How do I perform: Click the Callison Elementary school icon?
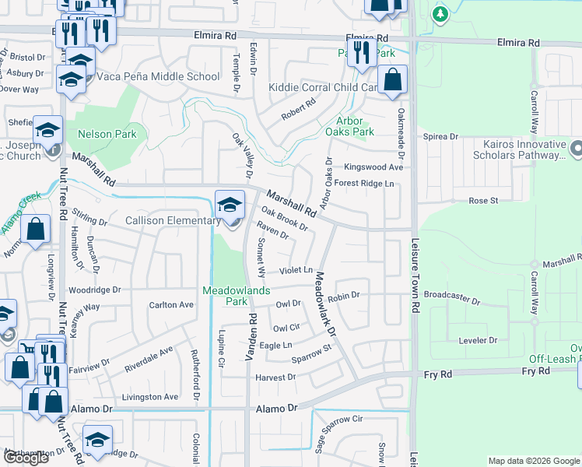(x=230, y=205)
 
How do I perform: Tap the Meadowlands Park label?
(x=237, y=295)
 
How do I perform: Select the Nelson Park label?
(x=107, y=134)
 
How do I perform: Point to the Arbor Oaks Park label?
(x=356, y=126)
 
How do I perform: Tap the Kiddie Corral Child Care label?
(x=323, y=88)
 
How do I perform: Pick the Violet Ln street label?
(x=296, y=271)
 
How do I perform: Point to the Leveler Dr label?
(x=478, y=340)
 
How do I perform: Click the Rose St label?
(x=483, y=201)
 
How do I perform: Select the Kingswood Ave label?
(x=373, y=167)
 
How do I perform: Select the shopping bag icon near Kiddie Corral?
(x=394, y=79)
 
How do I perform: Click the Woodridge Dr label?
(x=94, y=290)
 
